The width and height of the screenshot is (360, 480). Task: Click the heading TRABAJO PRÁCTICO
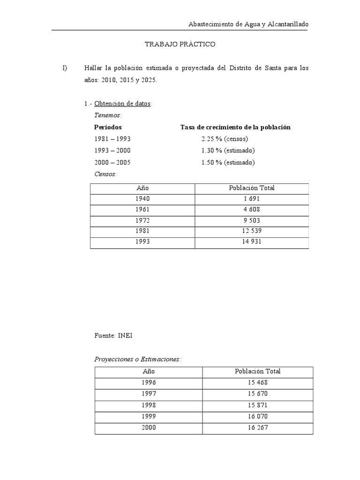point(180,44)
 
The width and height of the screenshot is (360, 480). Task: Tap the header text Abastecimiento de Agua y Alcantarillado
point(248,24)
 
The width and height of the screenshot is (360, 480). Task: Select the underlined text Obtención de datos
point(122,104)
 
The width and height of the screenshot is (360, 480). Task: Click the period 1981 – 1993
point(112,139)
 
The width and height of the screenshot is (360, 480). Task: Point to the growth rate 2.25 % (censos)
point(224,139)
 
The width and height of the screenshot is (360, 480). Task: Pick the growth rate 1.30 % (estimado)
point(227,151)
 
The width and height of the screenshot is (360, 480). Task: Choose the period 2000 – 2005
point(112,163)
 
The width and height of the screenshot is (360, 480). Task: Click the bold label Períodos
point(108,127)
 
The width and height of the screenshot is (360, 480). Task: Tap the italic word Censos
point(105,174)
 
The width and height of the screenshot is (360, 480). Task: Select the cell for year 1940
point(142,199)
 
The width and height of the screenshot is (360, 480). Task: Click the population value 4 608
point(252,210)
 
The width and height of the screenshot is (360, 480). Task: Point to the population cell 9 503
point(252,220)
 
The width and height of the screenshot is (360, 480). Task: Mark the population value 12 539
point(252,231)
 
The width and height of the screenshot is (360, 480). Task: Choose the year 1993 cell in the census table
point(142,242)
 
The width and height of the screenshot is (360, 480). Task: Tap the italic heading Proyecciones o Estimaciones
point(137,359)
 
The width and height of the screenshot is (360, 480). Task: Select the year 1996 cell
point(148,382)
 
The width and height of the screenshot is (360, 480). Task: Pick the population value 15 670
point(258,394)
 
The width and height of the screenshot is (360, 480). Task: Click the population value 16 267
point(258,428)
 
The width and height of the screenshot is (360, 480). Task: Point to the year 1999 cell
point(148,416)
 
